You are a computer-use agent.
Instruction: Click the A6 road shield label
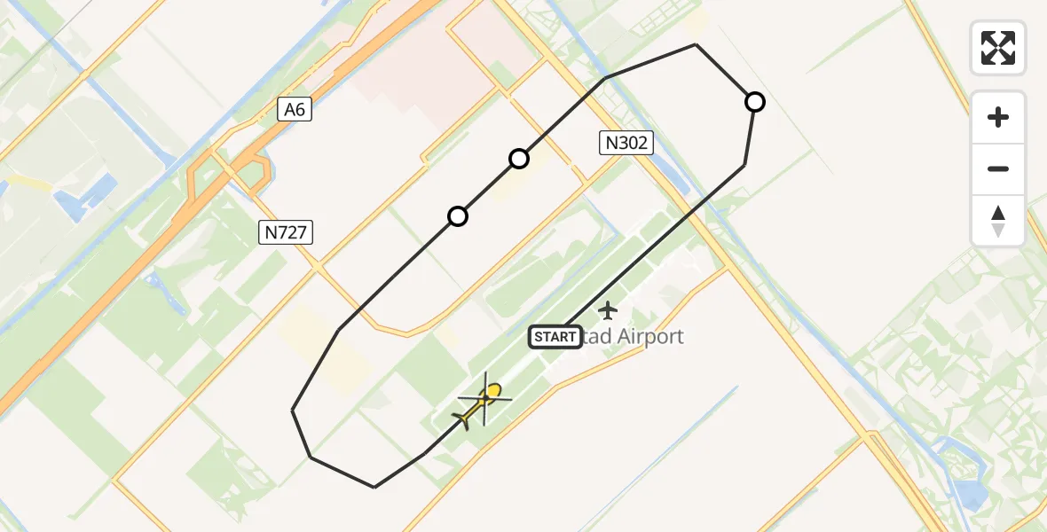coord(295,110)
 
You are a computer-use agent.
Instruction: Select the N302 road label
coord(626,143)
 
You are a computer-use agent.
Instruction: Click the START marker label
coord(555,337)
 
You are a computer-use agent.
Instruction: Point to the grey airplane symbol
coord(608,310)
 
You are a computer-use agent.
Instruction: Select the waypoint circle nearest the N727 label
coord(458,216)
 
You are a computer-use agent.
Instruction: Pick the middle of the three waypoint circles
coord(519,159)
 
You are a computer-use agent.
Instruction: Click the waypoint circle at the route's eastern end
coord(755,102)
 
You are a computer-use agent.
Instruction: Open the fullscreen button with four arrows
coord(998,48)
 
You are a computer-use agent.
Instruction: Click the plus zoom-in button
coord(998,117)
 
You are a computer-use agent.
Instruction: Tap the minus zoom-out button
coord(998,168)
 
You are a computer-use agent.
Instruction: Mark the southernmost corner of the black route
coord(374,487)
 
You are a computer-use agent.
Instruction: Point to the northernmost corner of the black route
coord(697,44)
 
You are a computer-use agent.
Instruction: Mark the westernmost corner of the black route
coord(293,411)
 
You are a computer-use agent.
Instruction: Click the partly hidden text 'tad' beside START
coord(592,337)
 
